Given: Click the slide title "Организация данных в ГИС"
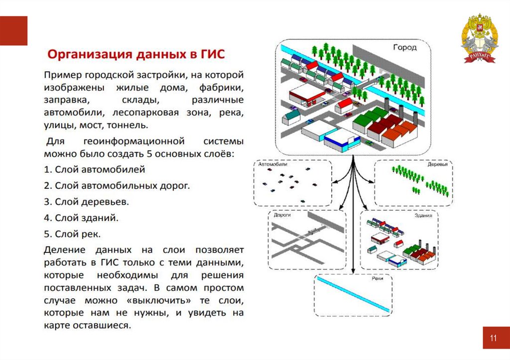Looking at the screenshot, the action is tap(136, 54).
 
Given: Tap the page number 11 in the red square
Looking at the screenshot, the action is tap(493, 339).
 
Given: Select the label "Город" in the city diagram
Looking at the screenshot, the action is tap(404, 48).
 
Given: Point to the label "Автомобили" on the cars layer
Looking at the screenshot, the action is tap(273, 164).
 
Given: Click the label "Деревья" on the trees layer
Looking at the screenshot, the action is tap(437, 164).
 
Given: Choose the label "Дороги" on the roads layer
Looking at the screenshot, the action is tap(282, 216).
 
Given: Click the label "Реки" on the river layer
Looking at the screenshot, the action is tap(377, 279).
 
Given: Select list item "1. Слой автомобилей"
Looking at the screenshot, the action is tap(95, 169).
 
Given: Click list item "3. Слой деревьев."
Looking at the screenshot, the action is tap(86, 202).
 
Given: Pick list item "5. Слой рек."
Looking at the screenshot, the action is tap(73, 234).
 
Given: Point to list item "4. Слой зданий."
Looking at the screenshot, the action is tap(81, 218).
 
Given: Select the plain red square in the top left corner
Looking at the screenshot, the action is tap(13, 30).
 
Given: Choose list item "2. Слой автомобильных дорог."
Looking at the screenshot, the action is tap(117, 186).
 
